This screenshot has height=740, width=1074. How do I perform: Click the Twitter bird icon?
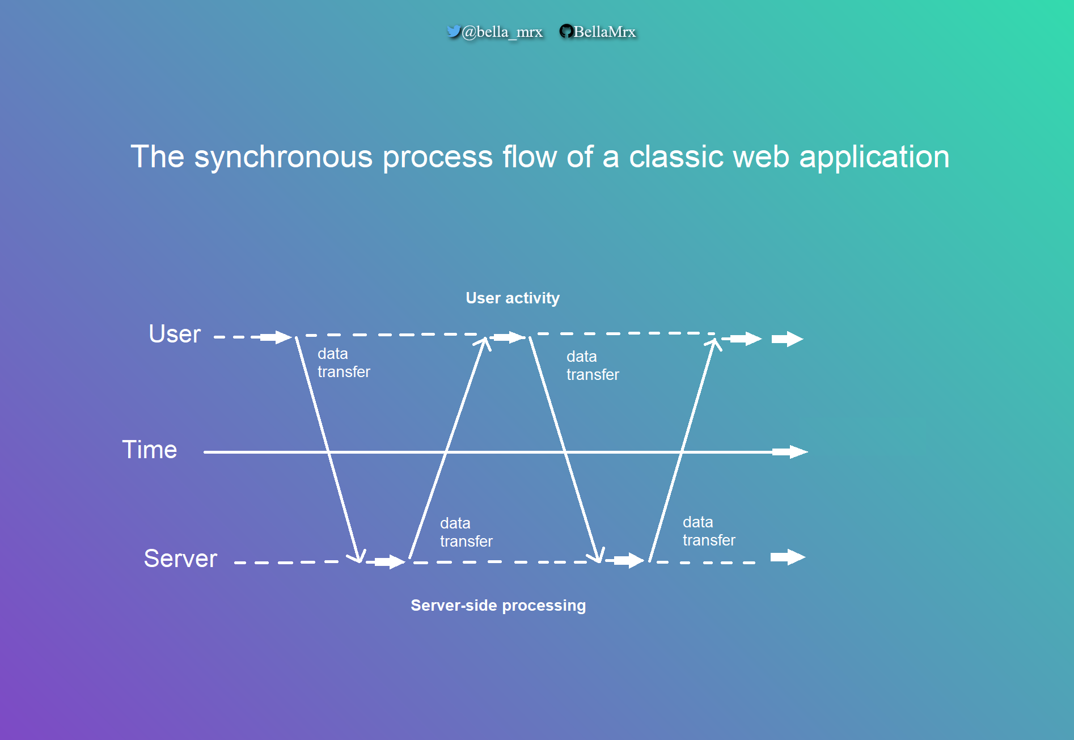(453, 31)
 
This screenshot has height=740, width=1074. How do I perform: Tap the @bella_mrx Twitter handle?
(502, 32)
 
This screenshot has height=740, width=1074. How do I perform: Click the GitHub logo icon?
(565, 31)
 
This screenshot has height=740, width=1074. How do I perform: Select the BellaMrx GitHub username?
(604, 32)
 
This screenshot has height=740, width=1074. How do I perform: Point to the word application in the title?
(874, 157)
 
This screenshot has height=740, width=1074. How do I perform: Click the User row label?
(174, 334)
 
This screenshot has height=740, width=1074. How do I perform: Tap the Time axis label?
(150, 450)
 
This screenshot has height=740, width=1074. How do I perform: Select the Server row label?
(180, 559)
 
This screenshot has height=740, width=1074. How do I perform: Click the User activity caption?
(512, 298)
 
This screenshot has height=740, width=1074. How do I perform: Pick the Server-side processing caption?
(498, 606)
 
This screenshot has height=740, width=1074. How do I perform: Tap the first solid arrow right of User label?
(277, 337)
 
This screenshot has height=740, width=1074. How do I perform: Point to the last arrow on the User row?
(788, 339)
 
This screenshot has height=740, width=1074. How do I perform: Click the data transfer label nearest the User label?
(343, 363)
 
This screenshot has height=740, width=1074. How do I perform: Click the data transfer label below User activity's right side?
(592, 366)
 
